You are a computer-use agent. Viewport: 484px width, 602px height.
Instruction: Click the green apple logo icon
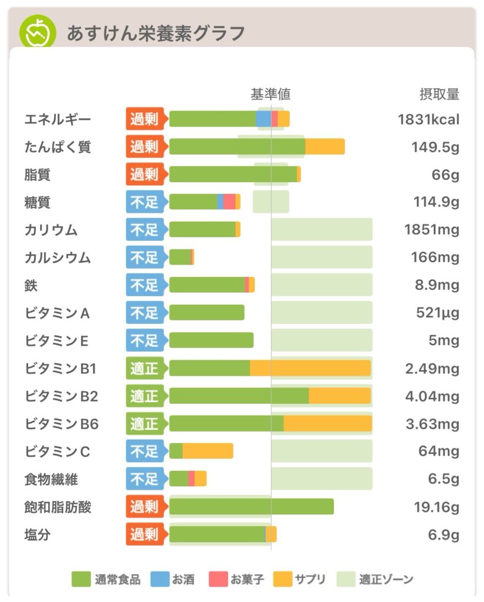[x=38, y=32]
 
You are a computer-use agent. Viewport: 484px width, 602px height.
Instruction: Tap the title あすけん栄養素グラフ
[x=155, y=33]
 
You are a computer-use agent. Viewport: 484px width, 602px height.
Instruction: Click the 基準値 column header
[x=271, y=94]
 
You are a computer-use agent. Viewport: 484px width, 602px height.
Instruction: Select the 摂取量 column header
[x=439, y=94]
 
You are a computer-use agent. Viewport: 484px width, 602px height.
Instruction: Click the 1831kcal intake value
[x=428, y=119]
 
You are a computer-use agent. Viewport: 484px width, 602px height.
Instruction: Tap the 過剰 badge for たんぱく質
[x=145, y=146]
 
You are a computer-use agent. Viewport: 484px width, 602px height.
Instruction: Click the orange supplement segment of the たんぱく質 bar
[x=325, y=146]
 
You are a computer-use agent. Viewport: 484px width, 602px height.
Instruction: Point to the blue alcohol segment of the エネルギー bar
[x=263, y=119]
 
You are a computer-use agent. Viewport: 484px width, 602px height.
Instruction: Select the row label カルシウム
[x=58, y=257]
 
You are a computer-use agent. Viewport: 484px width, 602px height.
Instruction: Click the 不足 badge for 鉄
[x=145, y=285]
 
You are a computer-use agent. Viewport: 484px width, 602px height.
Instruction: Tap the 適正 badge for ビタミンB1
[x=145, y=369]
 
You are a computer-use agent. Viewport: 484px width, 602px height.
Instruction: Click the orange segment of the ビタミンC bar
[x=208, y=451]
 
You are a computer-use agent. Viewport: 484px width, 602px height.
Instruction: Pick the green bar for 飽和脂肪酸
[x=251, y=507]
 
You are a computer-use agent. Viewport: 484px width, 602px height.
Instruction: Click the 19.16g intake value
[x=435, y=507]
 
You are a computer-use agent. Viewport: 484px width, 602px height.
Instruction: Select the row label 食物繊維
[x=51, y=479]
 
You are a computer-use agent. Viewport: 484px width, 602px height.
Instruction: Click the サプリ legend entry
[x=301, y=580]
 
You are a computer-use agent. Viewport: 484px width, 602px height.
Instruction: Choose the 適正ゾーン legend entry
[x=376, y=580]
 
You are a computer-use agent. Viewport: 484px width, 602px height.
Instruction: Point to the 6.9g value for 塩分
[x=443, y=535]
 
